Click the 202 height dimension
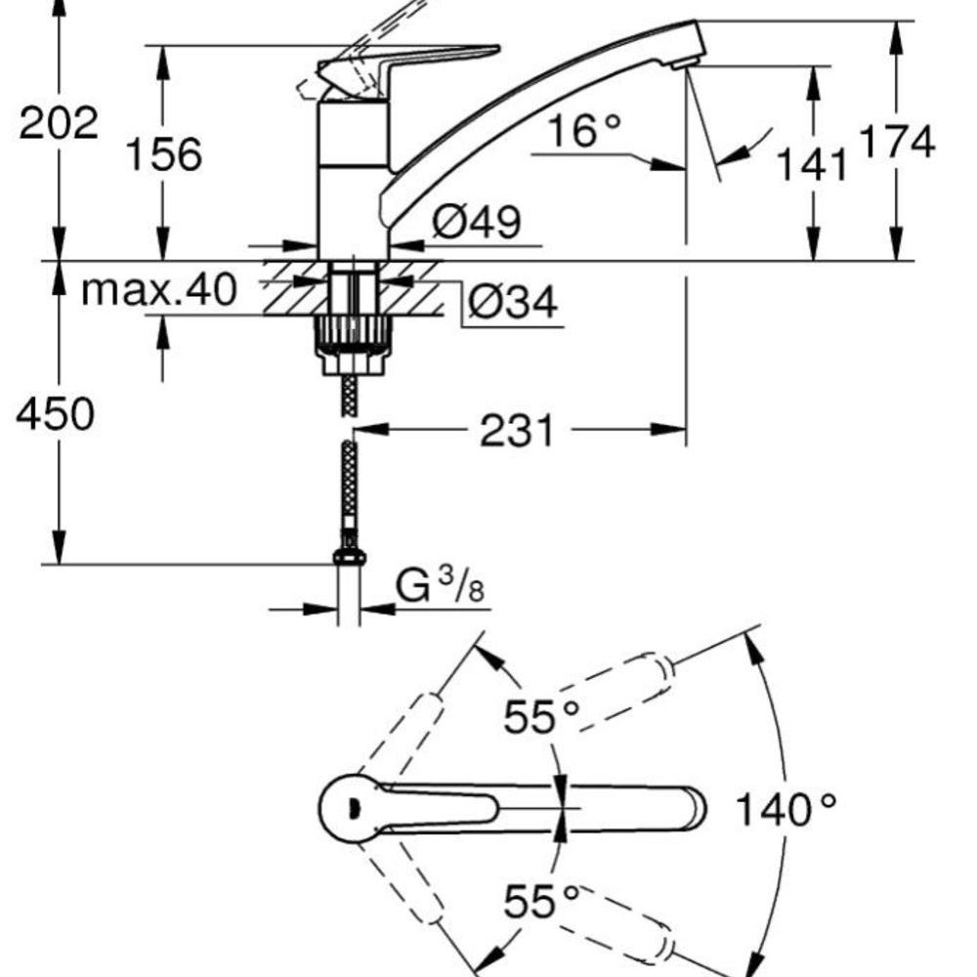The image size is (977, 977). tap(59, 124)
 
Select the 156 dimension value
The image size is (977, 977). tap(163, 153)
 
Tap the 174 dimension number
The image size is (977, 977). tap(896, 142)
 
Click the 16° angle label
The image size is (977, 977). tap(583, 130)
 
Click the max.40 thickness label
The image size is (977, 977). tap(158, 289)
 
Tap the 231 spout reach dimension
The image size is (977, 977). tap(516, 430)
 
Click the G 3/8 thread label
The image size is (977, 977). tap(441, 588)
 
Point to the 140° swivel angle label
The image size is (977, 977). tap(786, 809)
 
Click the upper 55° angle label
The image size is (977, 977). tap(541, 719)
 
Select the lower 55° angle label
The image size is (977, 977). tap(541, 902)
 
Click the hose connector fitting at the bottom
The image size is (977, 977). tap(349, 554)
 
